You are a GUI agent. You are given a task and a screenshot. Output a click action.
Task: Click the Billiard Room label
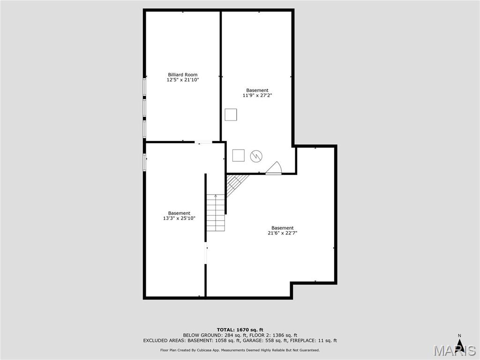coord(182,75)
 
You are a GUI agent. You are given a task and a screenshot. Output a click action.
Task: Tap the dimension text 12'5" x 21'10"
coord(183,80)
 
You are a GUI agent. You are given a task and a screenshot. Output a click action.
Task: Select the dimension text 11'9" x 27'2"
coord(257,96)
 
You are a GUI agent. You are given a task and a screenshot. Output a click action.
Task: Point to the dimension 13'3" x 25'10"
coord(179,218)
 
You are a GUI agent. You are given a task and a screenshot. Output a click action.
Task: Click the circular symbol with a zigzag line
coord(256,156)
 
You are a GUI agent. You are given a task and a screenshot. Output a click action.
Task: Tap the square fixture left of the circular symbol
coord(239,155)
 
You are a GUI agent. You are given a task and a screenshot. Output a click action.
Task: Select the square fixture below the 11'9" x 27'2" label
coord(231,114)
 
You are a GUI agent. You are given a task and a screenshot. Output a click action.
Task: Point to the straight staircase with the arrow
coord(216,213)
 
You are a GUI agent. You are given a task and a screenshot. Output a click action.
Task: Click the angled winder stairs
coord(236,185)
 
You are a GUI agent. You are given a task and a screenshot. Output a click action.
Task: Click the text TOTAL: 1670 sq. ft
coord(240,330)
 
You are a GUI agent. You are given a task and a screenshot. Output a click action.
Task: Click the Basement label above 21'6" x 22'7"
coord(282,228)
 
